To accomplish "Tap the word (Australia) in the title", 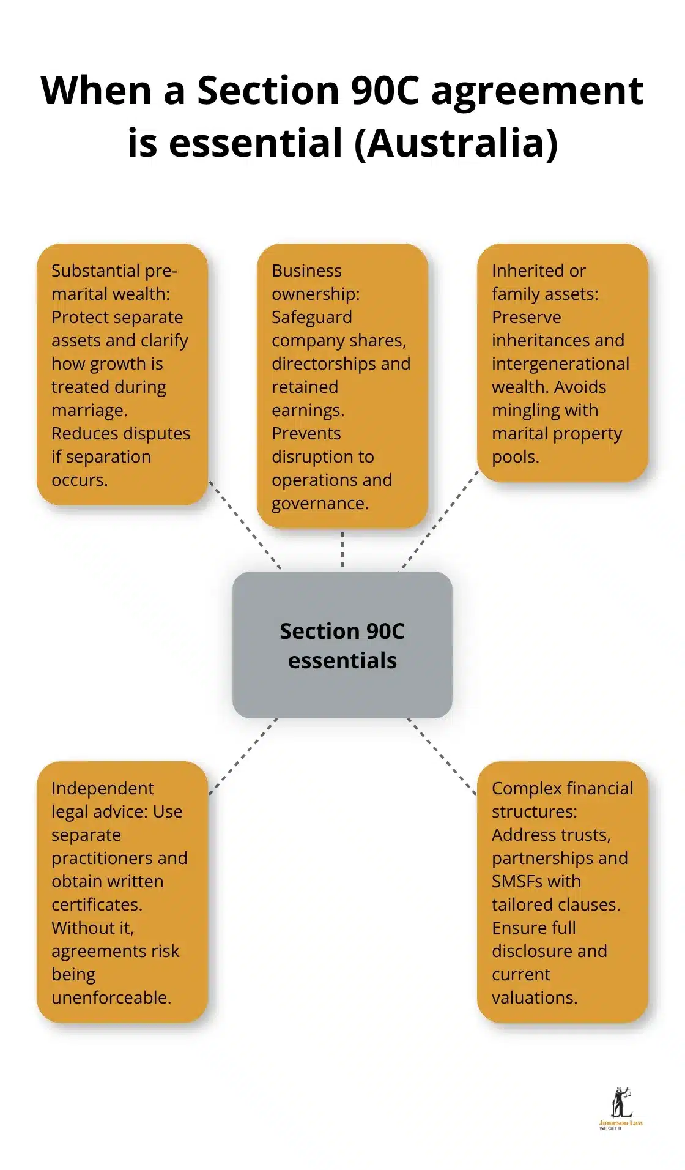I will coord(456,143).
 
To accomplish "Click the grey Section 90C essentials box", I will coord(342,645).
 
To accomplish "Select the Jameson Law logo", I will coord(621,1108).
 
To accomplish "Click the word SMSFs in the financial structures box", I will coord(516,881).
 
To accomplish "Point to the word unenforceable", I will coord(111,997).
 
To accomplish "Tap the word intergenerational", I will coord(560,363).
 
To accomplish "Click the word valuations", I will coord(534,997).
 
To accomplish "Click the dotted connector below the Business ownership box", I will coord(342,549).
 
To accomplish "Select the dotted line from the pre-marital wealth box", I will coord(245,524).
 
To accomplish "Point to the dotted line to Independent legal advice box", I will coord(243,756).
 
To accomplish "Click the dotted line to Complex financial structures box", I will coord(442,756).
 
